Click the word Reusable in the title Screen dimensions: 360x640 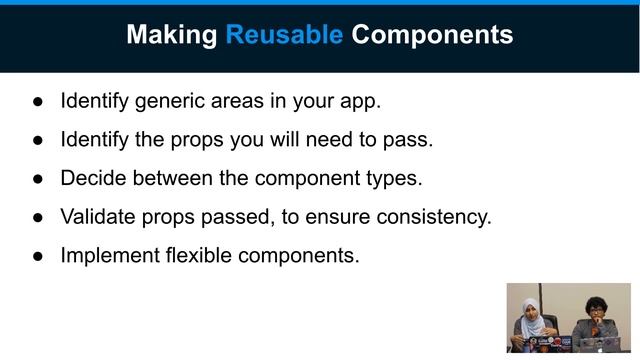pyautogui.click(x=284, y=35)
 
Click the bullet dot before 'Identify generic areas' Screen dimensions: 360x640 pyautogui.click(x=38, y=101)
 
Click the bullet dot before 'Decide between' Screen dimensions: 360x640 pyautogui.click(x=38, y=178)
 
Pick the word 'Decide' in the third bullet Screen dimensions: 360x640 pyautogui.click(x=92, y=178)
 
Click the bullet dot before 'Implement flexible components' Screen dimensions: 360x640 pyautogui.click(x=38, y=255)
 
